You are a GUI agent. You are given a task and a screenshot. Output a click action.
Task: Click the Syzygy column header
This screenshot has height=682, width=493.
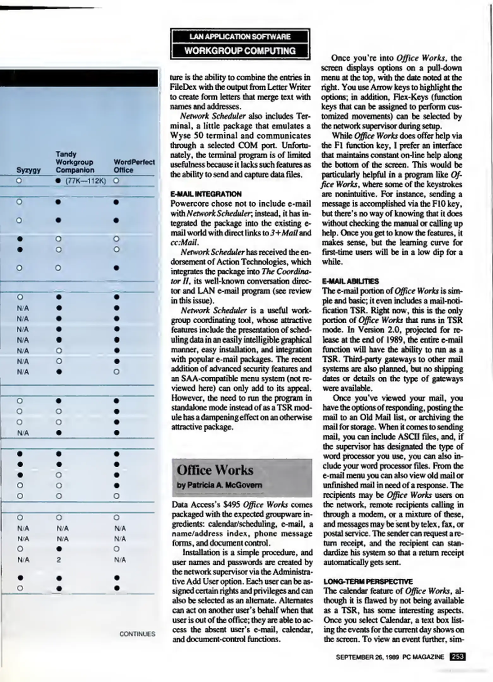click(x=28, y=170)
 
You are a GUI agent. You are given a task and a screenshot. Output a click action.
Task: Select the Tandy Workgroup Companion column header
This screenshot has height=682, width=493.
click(x=75, y=162)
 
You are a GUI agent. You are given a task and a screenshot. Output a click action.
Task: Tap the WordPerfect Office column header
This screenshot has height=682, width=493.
click(x=134, y=166)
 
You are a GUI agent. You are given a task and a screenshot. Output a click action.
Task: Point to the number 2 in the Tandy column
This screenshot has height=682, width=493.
click(x=59, y=560)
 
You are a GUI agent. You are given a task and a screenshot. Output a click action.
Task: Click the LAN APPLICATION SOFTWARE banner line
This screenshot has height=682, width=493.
click(x=240, y=37)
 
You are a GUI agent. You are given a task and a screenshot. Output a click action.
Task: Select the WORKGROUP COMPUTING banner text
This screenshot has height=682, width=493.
click(x=240, y=51)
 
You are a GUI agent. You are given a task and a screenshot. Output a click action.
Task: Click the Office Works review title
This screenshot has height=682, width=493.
click(x=215, y=470)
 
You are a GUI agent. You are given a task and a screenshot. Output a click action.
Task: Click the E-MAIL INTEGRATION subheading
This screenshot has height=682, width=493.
click(x=206, y=194)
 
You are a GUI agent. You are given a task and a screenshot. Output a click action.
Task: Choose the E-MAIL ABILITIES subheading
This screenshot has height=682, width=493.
click(x=350, y=281)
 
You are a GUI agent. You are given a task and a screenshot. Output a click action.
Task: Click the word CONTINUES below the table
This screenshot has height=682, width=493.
click(x=137, y=634)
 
